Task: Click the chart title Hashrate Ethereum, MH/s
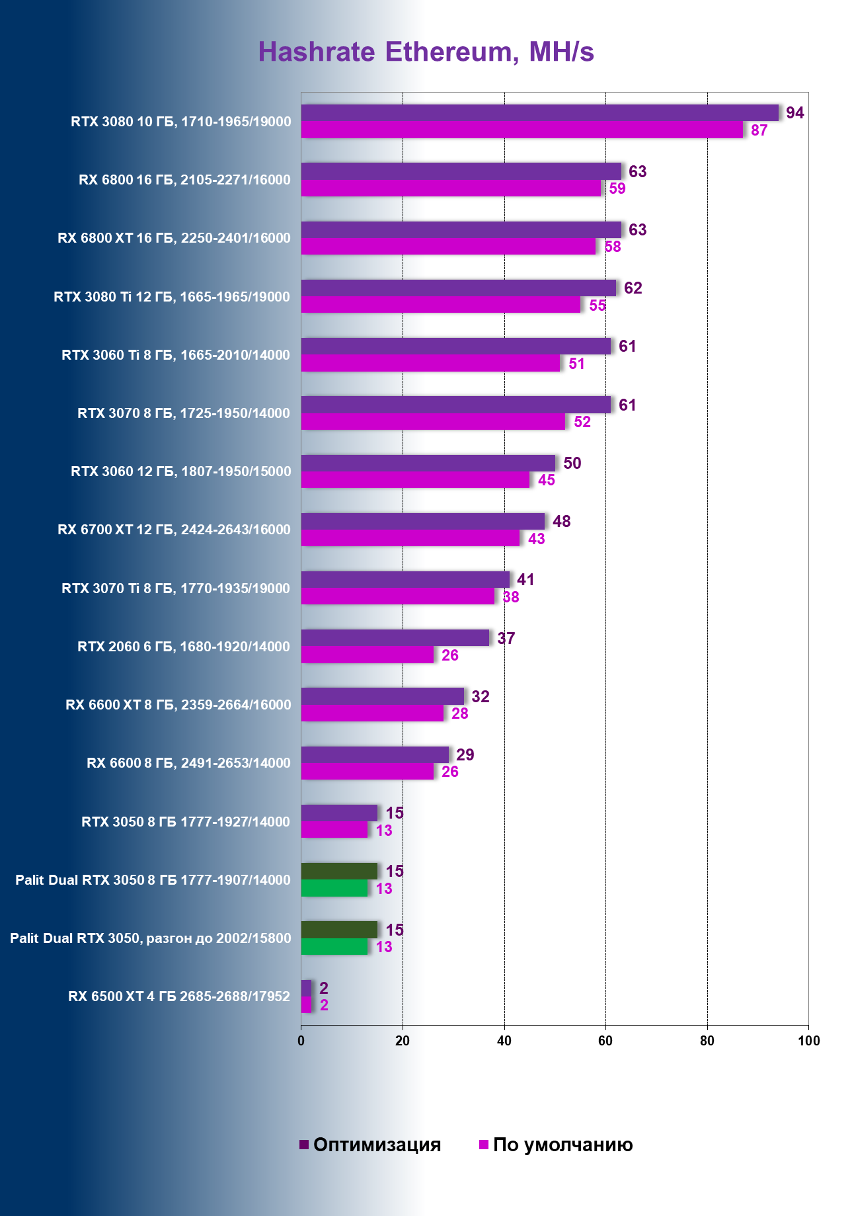coord(426,52)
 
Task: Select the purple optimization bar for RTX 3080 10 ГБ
coord(539,113)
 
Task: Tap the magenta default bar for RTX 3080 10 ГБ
coord(522,130)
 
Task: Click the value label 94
coord(794,113)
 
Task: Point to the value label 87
coord(759,130)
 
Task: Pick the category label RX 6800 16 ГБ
coord(184,180)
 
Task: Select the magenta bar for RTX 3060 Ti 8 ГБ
coord(431,363)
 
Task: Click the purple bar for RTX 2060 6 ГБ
coord(395,638)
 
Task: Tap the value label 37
coord(506,638)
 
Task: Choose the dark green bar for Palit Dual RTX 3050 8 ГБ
coord(339,871)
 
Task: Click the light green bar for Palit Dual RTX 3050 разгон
coord(334,947)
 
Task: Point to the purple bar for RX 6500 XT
coord(306,988)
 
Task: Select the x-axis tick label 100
coord(808,1041)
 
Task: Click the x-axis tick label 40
coord(504,1041)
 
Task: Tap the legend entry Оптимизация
coord(370,1145)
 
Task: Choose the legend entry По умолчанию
coord(556,1145)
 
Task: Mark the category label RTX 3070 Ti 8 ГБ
coord(176,588)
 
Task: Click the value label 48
coord(562,522)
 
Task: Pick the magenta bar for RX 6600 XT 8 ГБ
coord(372,713)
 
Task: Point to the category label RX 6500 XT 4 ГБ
coord(179,996)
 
